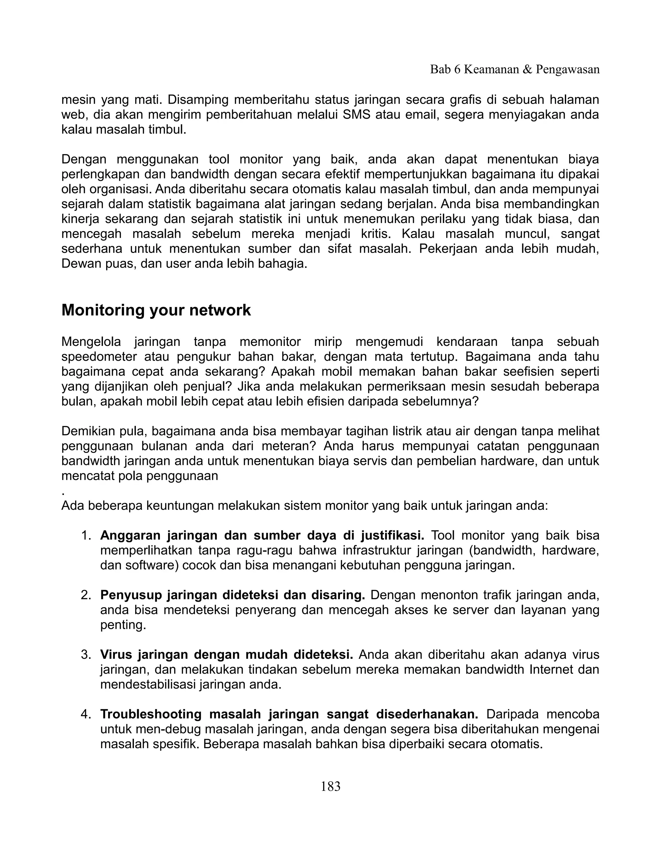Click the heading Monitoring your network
coord(156,310)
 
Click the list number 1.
coord(86,535)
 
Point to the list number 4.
coord(86,714)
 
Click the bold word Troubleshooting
coord(151,714)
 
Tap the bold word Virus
coord(116,655)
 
